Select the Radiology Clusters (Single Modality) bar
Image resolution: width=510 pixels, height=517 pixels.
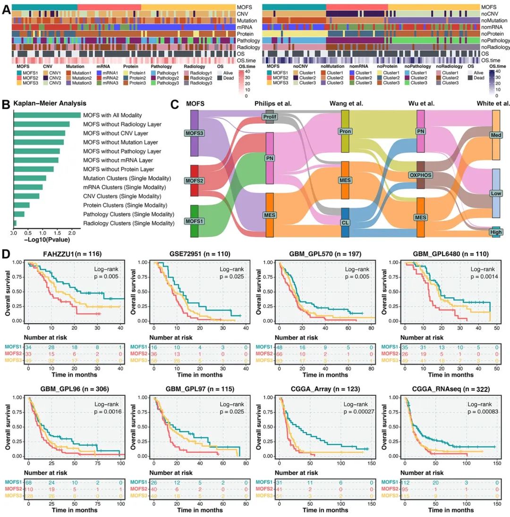pos(15,223)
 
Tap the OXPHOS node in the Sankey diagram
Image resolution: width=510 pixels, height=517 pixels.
pos(421,175)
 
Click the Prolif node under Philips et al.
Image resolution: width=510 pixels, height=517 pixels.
pos(270,116)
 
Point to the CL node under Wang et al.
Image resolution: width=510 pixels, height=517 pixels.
pos(345,222)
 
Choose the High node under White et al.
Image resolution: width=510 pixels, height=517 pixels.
pos(496,232)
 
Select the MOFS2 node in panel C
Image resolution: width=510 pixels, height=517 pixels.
pos(194,180)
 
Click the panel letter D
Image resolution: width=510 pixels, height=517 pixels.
pos(6,253)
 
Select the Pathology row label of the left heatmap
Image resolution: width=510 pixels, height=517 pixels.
pos(247,41)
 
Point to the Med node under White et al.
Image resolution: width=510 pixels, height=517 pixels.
pos(495,135)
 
